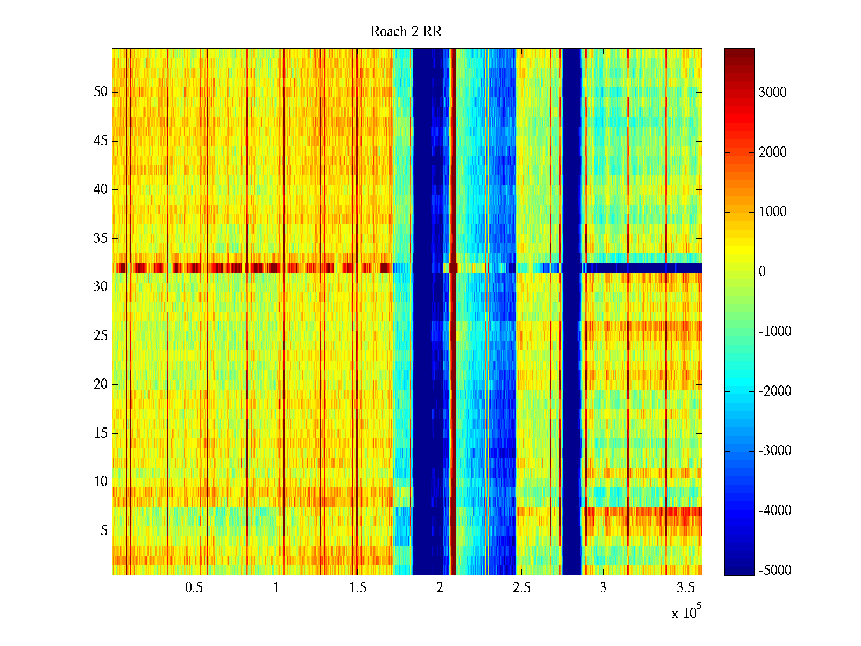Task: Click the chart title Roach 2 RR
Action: [406, 32]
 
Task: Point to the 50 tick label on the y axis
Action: [101, 92]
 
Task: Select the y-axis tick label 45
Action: [101, 141]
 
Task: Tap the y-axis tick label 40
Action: [101, 189]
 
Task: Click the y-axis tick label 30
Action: [101, 287]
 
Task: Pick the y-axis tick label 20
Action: [101, 384]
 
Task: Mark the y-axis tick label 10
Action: [101, 482]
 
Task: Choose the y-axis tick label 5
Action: [104, 531]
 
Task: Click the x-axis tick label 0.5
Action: [194, 588]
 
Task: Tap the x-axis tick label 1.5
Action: [358, 588]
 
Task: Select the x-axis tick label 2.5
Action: [521, 588]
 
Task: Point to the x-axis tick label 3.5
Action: [685, 588]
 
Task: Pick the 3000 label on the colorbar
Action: [773, 92]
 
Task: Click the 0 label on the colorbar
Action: [762, 271]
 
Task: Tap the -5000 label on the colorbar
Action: [775, 570]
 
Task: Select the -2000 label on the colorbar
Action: [775, 391]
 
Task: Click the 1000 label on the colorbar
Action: [773, 212]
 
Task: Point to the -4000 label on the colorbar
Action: [775, 510]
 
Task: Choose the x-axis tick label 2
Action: [440, 588]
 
